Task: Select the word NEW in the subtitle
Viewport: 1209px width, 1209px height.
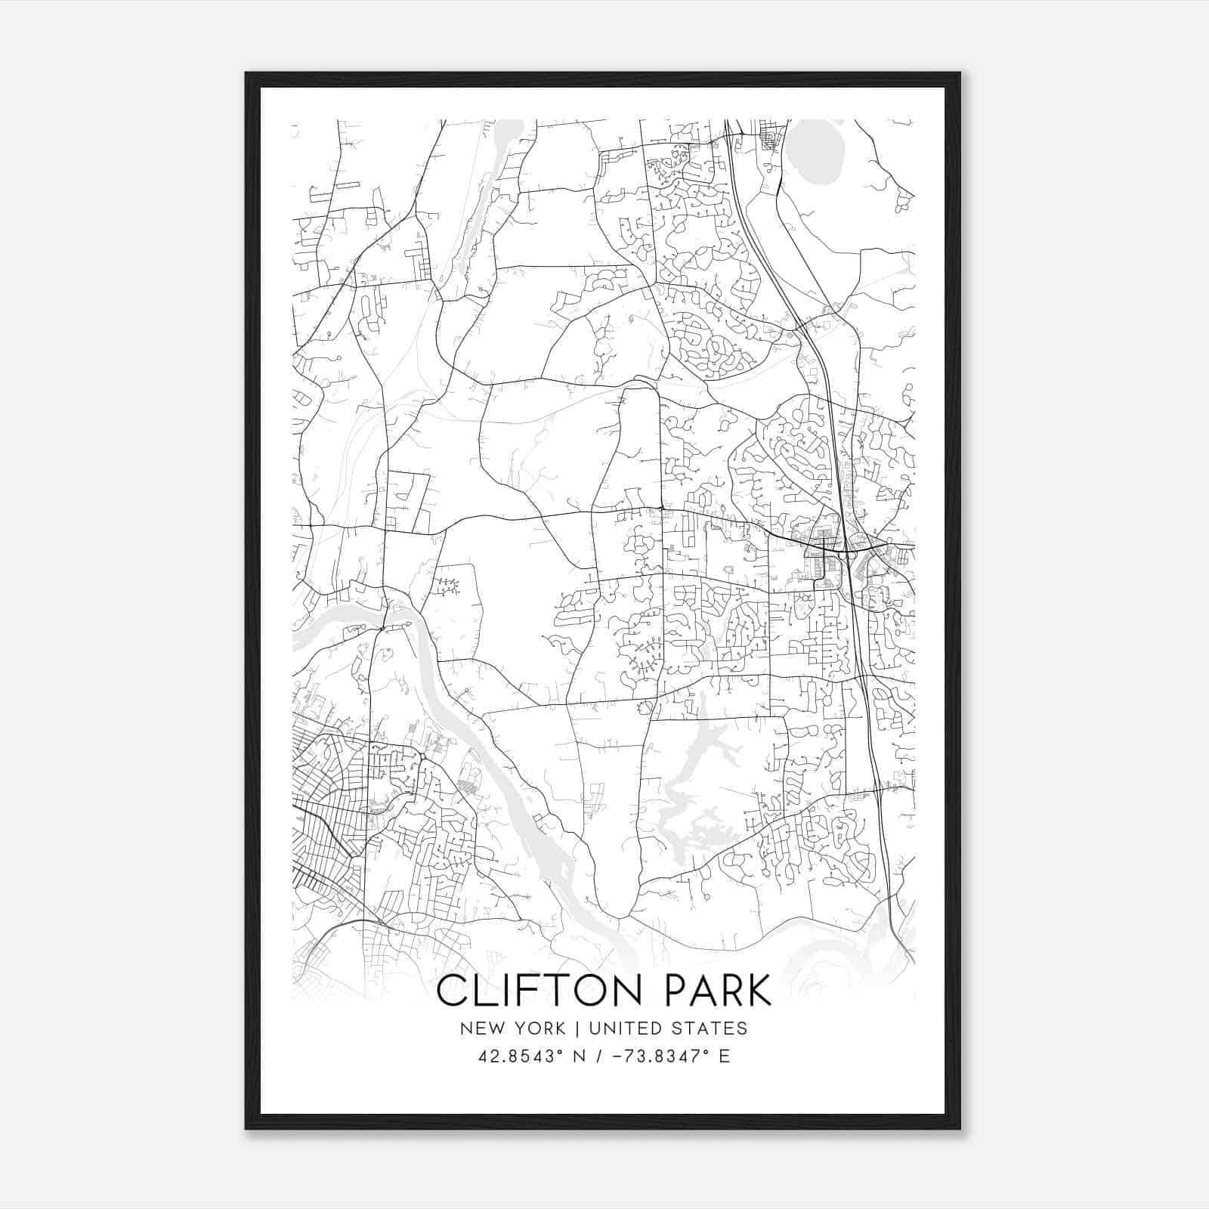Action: [481, 1028]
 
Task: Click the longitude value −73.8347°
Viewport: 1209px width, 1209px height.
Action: [661, 1056]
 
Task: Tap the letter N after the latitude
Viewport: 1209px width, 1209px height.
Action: [580, 1056]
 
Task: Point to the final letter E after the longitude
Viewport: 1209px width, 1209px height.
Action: [725, 1056]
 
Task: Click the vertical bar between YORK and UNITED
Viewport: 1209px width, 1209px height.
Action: [577, 1028]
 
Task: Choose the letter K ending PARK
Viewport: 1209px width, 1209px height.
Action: [758, 991]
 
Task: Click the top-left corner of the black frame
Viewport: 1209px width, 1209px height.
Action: [246, 74]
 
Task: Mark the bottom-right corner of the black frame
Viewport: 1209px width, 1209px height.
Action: [960, 1128]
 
